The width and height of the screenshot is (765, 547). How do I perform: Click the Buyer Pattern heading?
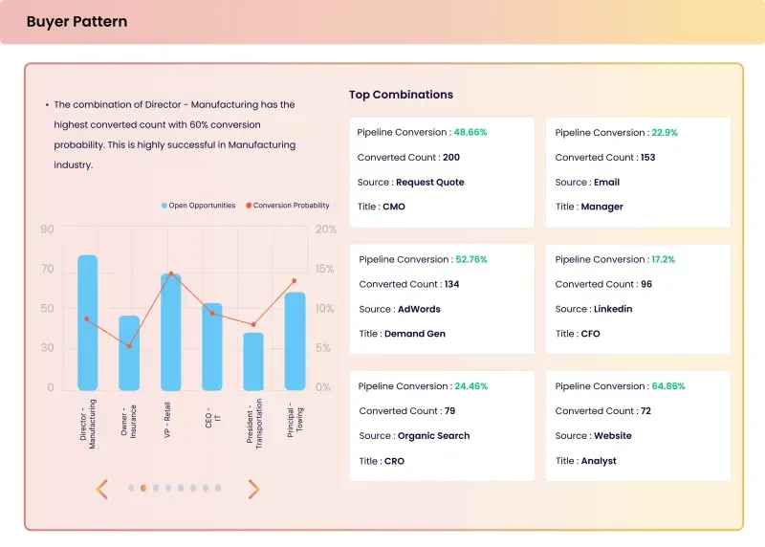(76, 21)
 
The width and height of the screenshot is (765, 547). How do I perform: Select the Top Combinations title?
(401, 95)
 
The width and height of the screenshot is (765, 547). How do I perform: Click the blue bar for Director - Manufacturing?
(87, 322)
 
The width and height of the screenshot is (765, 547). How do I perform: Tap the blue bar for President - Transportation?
(253, 361)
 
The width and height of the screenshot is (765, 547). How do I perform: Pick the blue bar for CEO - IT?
(212, 346)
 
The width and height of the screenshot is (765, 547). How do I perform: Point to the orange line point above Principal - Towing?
(295, 281)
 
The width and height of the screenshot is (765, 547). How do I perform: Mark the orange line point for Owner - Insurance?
(129, 346)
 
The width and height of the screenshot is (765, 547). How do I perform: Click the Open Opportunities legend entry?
(198, 206)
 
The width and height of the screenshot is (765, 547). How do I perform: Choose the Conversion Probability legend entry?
(288, 206)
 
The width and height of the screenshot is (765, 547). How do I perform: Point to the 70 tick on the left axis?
(47, 269)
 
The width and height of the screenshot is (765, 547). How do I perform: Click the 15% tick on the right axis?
(324, 269)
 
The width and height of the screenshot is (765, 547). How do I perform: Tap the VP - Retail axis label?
(167, 420)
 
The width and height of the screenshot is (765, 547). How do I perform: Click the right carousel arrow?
(253, 489)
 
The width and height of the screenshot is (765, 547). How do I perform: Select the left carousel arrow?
(101, 489)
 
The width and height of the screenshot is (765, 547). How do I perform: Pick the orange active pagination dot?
(143, 488)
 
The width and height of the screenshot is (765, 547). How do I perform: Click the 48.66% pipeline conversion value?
(470, 132)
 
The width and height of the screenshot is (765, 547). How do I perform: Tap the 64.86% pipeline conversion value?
(668, 386)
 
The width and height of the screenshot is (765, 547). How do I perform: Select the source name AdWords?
(419, 309)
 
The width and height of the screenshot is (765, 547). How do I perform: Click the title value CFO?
(590, 334)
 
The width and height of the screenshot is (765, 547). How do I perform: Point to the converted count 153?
(648, 157)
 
